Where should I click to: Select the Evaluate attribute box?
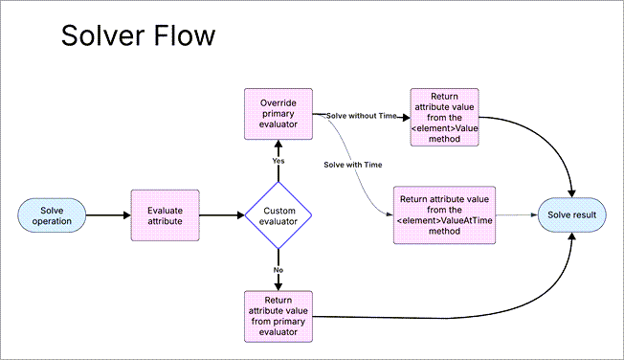pos(164,215)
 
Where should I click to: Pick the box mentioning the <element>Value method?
pos(444,117)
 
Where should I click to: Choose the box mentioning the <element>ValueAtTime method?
pos(443,215)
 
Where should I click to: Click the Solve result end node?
pos(571,215)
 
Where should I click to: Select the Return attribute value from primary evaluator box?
pos(278,315)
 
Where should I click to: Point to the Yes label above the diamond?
pos(279,161)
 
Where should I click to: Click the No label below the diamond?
pos(279,271)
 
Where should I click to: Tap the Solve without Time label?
pos(361,116)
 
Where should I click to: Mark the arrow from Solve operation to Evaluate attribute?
pos(109,215)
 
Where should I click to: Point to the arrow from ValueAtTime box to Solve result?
pos(517,215)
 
